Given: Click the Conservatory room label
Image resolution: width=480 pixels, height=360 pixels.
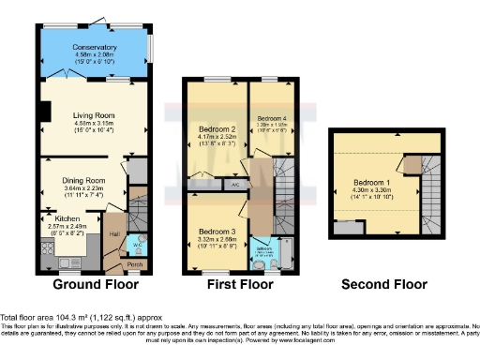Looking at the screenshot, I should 96,47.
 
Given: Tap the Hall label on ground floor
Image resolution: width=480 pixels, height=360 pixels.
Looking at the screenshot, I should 113,233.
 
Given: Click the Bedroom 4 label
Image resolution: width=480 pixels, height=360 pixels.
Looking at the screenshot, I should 270,114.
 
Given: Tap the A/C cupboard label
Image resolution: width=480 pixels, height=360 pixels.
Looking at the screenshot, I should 234,185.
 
